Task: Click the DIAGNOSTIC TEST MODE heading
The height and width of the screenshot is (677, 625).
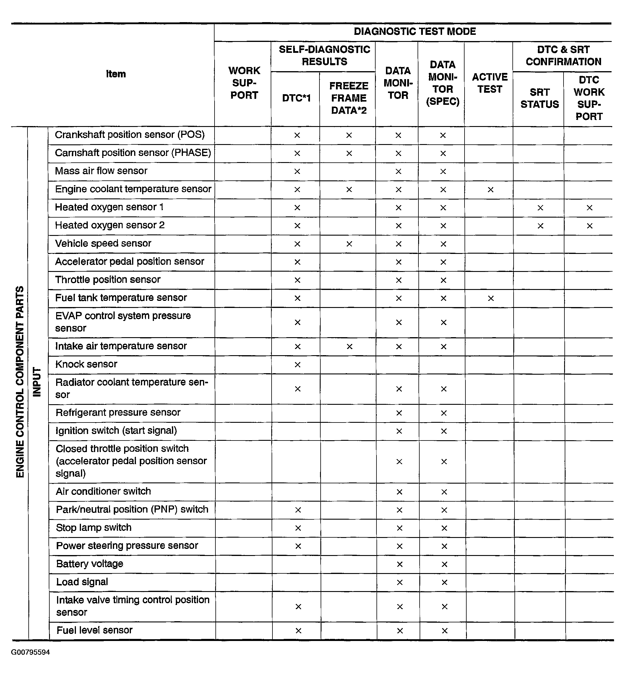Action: click(x=415, y=31)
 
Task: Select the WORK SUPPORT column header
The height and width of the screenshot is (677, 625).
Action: click(x=244, y=83)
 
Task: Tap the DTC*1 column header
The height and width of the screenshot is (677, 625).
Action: click(x=296, y=98)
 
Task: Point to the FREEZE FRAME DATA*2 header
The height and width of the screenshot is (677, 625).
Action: click(x=349, y=98)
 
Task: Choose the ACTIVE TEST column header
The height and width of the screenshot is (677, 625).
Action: click(x=490, y=83)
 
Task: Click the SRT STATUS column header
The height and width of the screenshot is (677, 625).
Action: click(x=539, y=98)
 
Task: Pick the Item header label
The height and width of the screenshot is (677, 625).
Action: click(x=116, y=74)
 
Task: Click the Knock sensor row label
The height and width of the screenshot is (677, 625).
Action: click(x=86, y=364)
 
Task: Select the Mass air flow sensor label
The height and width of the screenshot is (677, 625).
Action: click(x=101, y=171)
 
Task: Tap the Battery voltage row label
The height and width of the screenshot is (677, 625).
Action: click(x=90, y=564)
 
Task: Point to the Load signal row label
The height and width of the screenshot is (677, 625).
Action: click(x=82, y=582)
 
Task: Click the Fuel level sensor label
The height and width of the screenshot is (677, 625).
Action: click(x=94, y=630)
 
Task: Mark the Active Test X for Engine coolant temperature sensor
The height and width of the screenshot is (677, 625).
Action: click(x=490, y=190)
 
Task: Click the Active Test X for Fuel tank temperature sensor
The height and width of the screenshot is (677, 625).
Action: click(x=491, y=298)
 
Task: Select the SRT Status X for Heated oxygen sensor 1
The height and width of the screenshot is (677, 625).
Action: click(x=540, y=208)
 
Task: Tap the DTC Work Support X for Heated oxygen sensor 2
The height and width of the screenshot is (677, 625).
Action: click(x=590, y=226)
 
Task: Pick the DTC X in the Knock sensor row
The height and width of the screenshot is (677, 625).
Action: click(x=298, y=365)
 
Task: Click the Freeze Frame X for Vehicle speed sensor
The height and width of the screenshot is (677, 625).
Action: click(x=349, y=244)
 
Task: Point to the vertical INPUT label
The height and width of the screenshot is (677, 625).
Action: click(x=37, y=382)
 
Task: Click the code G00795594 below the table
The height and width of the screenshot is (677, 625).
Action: click(x=30, y=652)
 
